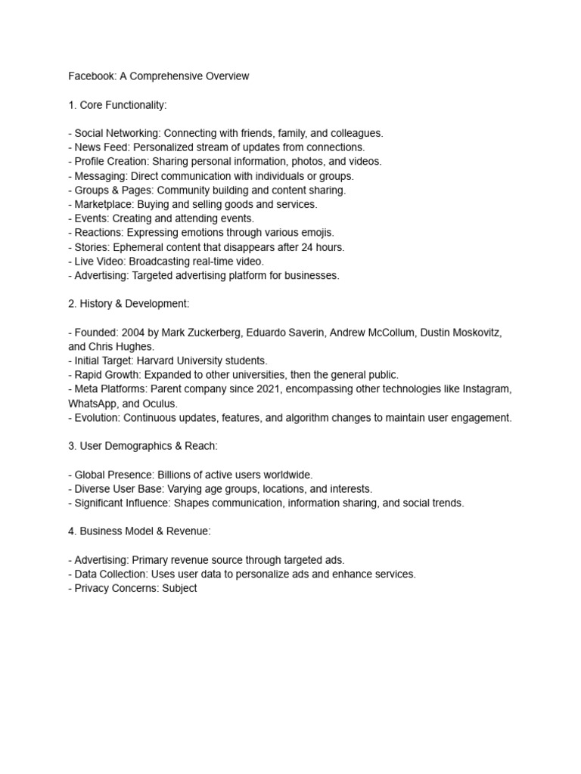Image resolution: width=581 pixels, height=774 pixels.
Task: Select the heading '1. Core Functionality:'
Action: pos(123,104)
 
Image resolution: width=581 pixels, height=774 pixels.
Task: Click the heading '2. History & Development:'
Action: pos(129,304)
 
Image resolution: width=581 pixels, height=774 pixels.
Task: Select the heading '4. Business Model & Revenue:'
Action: pos(139,531)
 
